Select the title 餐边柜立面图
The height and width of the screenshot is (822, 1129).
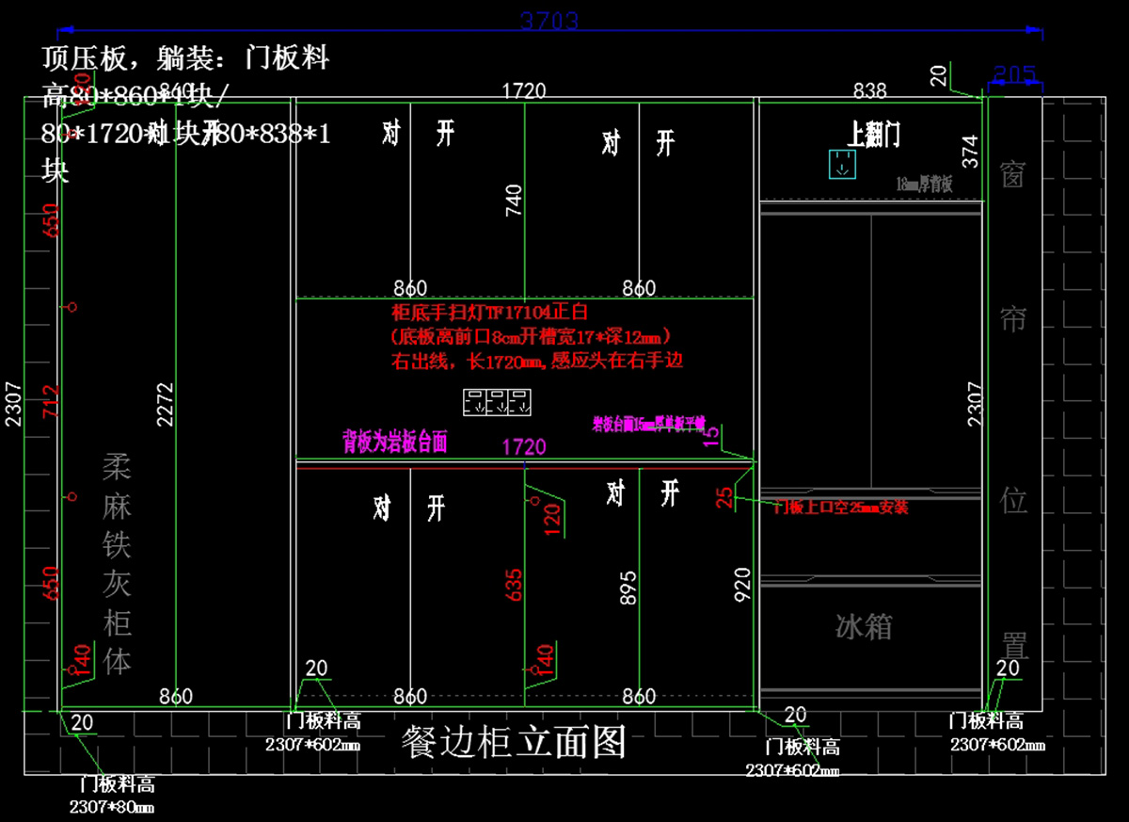tap(513, 743)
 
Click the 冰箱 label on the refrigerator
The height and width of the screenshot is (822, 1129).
tap(864, 626)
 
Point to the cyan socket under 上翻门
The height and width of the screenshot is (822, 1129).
tap(841, 164)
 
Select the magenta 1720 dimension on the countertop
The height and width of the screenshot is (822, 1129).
tap(524, 446)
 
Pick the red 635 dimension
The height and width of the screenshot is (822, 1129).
tap(513, 585)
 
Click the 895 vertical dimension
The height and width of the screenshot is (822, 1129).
tap(628, 587)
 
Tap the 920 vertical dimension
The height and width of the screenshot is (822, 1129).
tap(742, 585)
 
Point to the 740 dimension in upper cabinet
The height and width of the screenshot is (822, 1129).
tap(514, 201)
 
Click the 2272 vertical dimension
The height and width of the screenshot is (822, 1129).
tap(166, 405)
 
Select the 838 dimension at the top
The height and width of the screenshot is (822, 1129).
tap(869, 90)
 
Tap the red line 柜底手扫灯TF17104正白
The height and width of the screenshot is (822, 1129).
tap(489, 313)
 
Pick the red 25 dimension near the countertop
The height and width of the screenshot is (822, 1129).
tap(724, 497)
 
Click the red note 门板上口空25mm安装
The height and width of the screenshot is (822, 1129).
tap(840, 508)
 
